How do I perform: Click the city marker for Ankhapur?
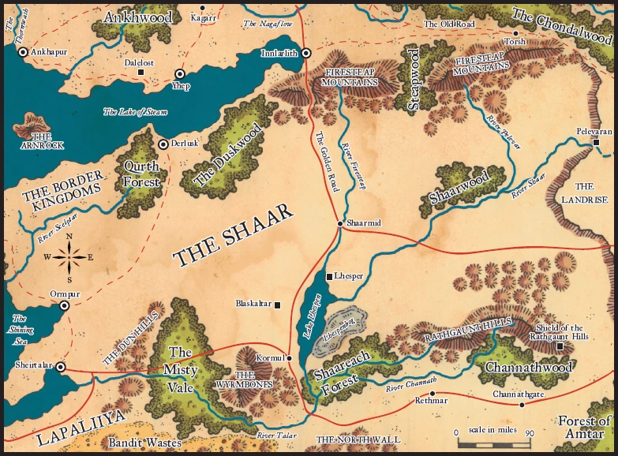23,51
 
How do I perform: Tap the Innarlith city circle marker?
306,54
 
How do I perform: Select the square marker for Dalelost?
141,72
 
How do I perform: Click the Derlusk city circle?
163,144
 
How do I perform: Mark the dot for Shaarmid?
340,224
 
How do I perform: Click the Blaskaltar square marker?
277,305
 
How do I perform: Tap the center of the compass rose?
69,256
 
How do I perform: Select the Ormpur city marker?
65,305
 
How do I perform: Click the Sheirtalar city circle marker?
60,367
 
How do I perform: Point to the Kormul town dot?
290,358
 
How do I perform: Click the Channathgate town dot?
521,405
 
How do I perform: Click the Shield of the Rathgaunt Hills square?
560,346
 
